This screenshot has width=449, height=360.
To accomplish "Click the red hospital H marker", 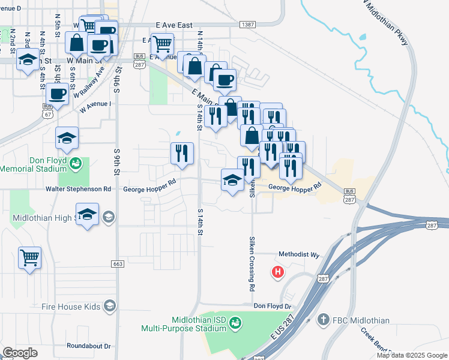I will (x=277, y=272).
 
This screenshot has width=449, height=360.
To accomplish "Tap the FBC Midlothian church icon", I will (x=323, y=320).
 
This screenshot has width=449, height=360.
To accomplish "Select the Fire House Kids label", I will (x=71, y=307).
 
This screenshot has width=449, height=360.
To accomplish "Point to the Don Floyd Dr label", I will (x=272, y=306).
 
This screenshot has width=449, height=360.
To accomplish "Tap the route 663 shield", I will (x=118, y=264).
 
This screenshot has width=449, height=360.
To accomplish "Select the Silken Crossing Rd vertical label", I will (x=252, y=263).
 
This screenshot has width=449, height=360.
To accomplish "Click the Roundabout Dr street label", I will (x=89, y=346).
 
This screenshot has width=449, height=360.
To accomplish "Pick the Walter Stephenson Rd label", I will (x=79, y=189).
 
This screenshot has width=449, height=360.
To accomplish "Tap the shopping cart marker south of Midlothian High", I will (x=29, y=259).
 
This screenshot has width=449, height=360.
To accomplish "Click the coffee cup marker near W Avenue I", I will (x=58, y=94).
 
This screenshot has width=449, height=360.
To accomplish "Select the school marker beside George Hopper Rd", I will (x=232, y=179).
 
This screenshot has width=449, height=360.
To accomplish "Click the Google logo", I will (x=20, y=352).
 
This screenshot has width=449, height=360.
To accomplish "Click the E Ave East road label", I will (x=174, y=25).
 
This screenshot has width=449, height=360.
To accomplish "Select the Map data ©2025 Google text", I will (x=411, y=355).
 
